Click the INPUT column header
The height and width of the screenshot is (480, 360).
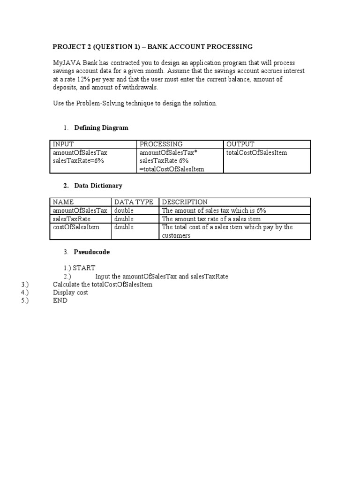click(63, 144)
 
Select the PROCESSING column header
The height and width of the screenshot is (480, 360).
click(161, 144)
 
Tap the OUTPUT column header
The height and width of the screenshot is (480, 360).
click(240, 144)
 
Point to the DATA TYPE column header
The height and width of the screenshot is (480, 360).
click(134, 202)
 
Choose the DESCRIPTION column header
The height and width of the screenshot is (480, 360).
click(185, 202)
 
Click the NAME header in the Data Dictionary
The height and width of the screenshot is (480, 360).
click(64, 202)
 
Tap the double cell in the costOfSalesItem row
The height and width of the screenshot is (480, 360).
click(124, 227)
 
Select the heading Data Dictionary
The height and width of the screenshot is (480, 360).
click(98, 186)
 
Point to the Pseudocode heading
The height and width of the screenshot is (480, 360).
click(92, 252)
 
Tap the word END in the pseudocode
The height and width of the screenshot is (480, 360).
click(60, 300)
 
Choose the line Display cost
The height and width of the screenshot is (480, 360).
click(71, 292)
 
